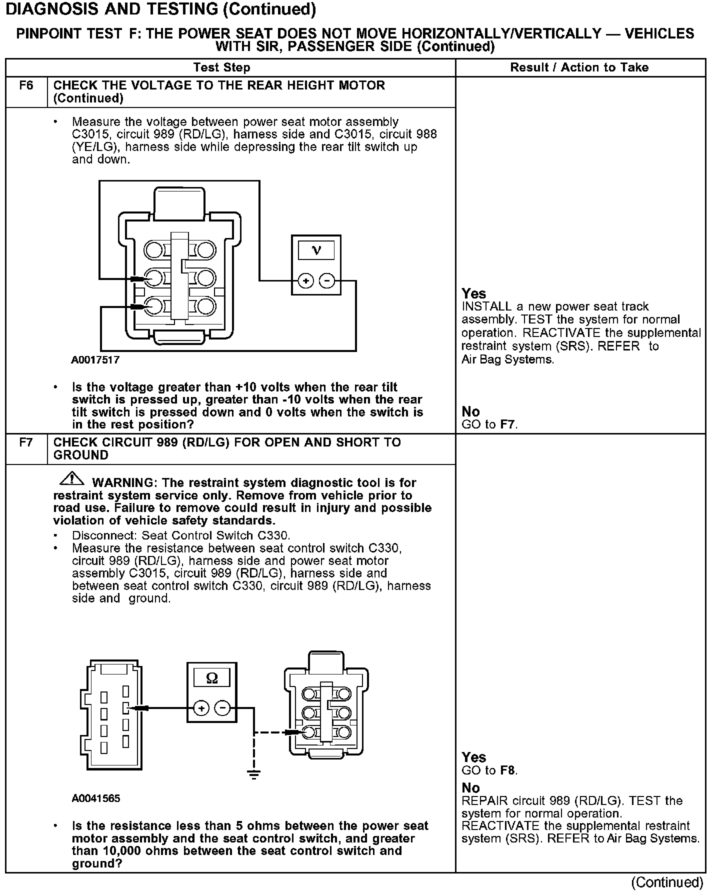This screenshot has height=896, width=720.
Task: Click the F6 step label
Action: pos(26,85)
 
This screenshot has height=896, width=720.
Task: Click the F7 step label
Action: pos(26,442)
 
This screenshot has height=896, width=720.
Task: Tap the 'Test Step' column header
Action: pos(221,67)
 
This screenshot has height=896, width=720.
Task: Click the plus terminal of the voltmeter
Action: pos(305,281)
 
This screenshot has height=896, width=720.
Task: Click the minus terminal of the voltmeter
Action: pos(327,281)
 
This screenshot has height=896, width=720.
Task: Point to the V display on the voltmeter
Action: pos(316,250)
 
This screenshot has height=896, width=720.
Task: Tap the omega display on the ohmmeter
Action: pos(212,678)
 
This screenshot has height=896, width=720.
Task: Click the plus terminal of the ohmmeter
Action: pos(201,708)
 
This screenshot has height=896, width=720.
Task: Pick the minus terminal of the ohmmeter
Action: pos(222,708)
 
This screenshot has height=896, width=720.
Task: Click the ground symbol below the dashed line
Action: pos(254,775)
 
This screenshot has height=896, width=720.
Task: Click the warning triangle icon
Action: pos(71,478)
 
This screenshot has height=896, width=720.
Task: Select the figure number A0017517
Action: pos(95,360)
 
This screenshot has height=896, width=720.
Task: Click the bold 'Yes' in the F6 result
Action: pos(473,293)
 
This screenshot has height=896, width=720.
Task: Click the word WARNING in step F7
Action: pos(125,483)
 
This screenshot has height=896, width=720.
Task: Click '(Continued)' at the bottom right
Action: pos(667,882)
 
